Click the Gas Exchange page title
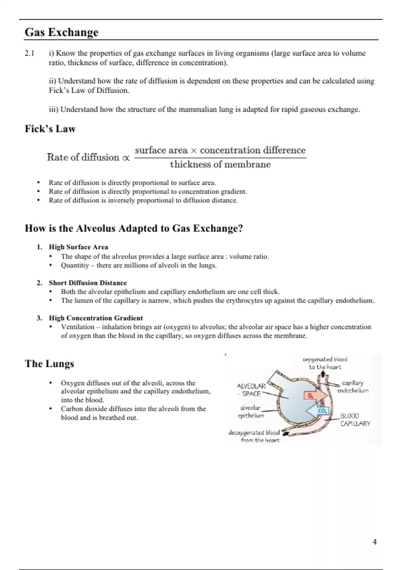click(62, 32)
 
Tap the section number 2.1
click(29, 53)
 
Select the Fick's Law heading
click(50, 129)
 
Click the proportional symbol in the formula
click(126, 158)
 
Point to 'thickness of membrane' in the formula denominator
click(220, 165)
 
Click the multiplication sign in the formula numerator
click(194, 151)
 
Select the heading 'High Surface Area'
click(78, 247)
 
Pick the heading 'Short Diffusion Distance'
click(88, 283)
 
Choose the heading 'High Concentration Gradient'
click(96, 318)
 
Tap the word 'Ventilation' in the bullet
click(77, 327)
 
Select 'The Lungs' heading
click(50, 364)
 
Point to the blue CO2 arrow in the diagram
click(318, 411)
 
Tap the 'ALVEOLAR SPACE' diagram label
click(251, 390)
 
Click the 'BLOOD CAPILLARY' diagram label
click(355, 420)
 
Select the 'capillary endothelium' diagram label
click(352, 387)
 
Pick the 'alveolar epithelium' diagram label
click(251, 412)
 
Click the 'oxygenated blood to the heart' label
click(325, 363)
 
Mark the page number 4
click(375, 542)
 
